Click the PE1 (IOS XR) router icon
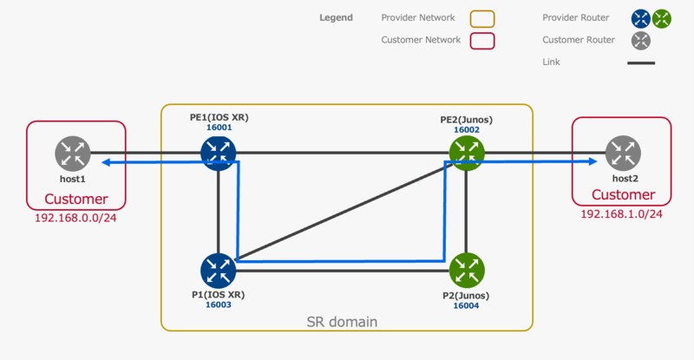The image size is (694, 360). tap(219, 153)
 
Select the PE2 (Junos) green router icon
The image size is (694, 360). tap(467, 153)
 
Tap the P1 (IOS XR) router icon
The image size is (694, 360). tap(219, 270)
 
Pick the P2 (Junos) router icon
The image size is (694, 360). tap(467, 270)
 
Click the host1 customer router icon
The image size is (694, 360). tap(73, 154)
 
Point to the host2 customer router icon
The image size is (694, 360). tap(623, 154)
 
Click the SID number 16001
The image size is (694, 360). tap(219, 127)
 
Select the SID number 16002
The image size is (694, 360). tap(467, 129)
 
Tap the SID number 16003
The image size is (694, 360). tap(219, 305)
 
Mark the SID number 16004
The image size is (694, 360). tap(467, 305)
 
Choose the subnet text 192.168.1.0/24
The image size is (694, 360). tap(621, 214)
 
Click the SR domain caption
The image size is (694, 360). tap(342, 322)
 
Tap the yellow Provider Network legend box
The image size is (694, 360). tap(481, 18)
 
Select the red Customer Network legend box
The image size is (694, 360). tap(481, 40)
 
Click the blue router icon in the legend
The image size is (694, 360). tap(641, 18)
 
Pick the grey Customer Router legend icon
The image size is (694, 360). tap(641, 41)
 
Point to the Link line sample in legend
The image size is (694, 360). tap(641, 62)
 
